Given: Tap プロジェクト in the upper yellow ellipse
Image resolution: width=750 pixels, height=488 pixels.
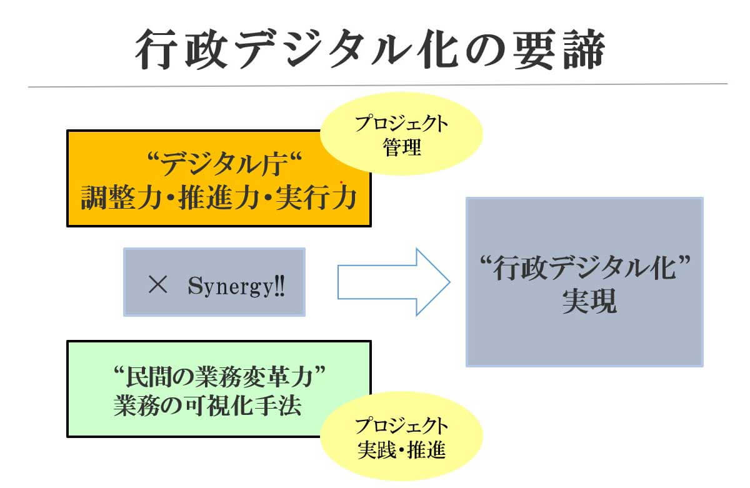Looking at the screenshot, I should coord(402,124).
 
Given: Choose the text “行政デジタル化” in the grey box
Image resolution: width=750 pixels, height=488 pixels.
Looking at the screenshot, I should coord(585,269).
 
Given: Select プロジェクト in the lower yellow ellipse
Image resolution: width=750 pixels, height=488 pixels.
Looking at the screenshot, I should coord(402,426).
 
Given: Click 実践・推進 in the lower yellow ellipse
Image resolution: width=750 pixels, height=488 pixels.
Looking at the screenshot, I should coord(402,451).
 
